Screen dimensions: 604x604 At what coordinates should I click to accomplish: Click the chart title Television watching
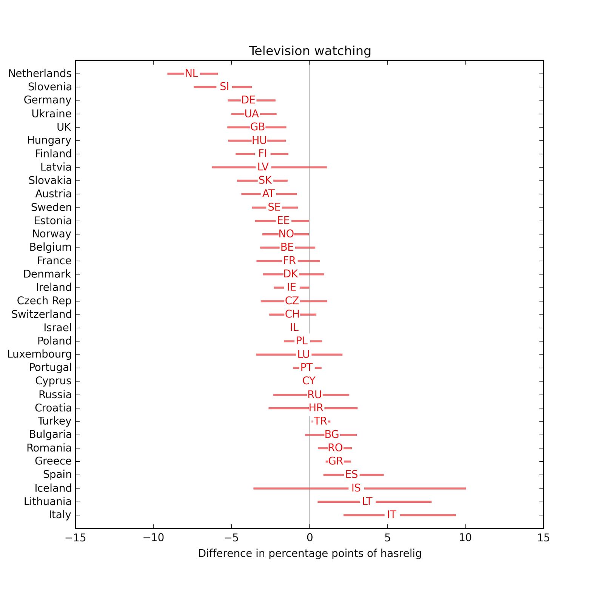310,51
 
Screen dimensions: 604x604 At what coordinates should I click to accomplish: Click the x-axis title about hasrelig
310,553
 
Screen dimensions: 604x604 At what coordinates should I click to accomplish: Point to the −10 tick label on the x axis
153,538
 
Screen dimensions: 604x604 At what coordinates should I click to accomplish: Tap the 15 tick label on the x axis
543,538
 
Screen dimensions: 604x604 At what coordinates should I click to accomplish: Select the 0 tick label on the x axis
310,538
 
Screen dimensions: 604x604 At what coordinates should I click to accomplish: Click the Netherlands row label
40,73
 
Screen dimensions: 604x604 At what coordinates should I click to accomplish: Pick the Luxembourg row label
39,354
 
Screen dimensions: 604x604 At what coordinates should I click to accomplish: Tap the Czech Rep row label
44,301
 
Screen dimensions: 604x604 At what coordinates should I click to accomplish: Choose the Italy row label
60,515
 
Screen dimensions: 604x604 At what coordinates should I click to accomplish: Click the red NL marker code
191,73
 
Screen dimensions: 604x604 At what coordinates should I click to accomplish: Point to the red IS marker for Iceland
356,488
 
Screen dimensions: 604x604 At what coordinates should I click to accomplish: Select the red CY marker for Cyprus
309,381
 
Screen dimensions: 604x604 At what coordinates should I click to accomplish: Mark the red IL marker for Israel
294,328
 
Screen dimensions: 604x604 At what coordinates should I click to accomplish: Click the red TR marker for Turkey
320,421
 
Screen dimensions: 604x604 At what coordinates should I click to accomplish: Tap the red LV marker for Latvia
263,167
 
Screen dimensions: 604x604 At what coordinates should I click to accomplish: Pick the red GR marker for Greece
335,461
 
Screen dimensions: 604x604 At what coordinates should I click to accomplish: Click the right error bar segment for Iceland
415,488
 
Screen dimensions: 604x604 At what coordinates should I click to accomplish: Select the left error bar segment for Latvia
234,167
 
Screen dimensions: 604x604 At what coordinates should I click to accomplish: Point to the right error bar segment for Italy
428,515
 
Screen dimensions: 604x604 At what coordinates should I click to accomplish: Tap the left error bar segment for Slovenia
205,87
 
